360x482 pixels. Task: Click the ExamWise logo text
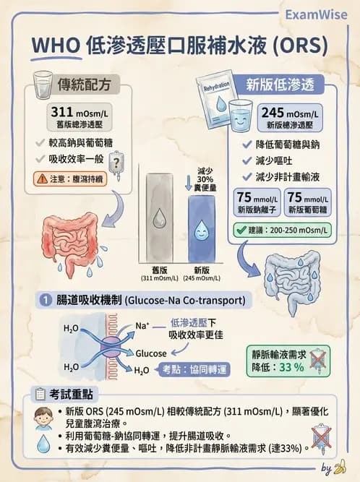[x=316, y=14]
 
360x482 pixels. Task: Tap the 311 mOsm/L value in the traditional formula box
[x=80, y=112]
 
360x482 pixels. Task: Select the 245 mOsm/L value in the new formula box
[x=290, y=113]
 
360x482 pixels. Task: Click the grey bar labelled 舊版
[x=159, y=218]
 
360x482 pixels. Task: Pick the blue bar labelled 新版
[x=202, y=229]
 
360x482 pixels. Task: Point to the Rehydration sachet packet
[x=216, y=99]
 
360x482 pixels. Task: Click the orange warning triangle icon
[x=42, y=179]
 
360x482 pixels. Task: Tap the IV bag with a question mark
[x=116, y=165]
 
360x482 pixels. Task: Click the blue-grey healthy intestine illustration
[x=291, y=280]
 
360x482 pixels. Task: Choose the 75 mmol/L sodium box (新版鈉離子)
[x=257, y=202]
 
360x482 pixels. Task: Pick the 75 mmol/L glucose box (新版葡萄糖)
[x=308, y=202]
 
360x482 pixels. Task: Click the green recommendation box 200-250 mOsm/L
[x=282, y=230]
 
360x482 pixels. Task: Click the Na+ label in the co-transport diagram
[x=142, y=326]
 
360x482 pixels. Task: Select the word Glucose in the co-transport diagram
[x=151, y=353]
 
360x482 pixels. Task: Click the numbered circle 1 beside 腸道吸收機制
[x=46, y=300]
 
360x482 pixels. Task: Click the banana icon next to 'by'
[x=340, y=467]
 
